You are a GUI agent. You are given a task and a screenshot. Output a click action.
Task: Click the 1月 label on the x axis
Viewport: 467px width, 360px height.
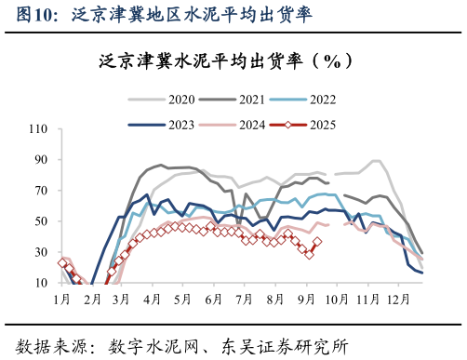click(x=62, y=299)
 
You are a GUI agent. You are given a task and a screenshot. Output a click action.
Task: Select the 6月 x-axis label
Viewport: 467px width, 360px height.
click(x=214, y=299)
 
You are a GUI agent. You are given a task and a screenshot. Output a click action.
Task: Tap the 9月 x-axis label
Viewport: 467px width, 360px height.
click(x=305, y=299)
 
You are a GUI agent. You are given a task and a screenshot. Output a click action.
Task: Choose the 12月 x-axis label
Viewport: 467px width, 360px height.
click(x=398, y=299)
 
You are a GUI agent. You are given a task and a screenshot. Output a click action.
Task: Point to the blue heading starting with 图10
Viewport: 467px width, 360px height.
click(x=157, y=14)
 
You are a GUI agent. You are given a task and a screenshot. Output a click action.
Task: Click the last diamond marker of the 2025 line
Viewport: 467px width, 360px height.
click(x=317, y=241)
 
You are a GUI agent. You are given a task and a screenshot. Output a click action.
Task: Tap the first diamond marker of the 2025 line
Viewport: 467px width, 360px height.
click(x=62, y=263)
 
